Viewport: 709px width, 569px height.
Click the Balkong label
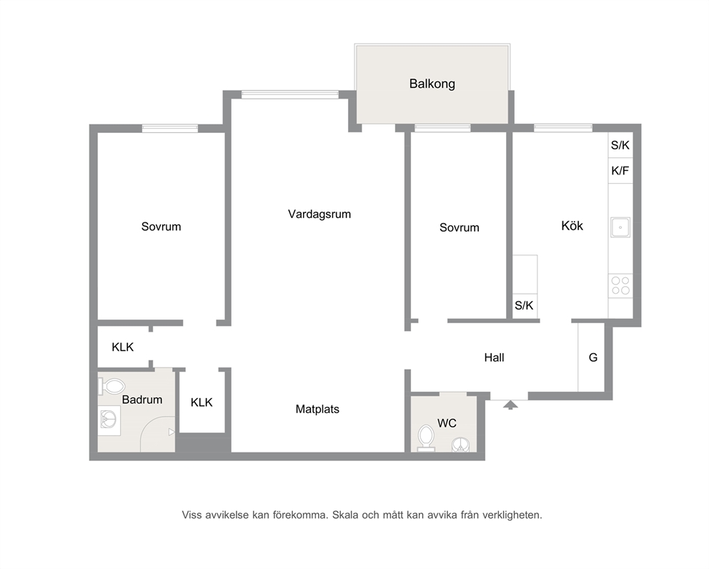click(432, 84)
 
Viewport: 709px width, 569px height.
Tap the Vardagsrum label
click(319, 214)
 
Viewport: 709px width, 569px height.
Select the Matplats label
click(317, 410)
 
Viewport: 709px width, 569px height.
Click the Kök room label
click(572, 226)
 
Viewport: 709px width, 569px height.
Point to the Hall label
click(494, 358)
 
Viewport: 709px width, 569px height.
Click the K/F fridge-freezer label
click(620, 171)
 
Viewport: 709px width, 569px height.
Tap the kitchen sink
click(620, 227)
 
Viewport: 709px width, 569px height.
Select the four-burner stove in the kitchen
click(620, 285)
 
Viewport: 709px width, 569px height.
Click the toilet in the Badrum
click(111, 387)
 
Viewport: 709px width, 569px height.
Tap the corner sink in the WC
click(461, 445)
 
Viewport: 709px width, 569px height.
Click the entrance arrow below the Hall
click(510, 405)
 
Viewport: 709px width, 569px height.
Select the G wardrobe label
click(593, 358)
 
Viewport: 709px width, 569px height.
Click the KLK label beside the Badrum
click(202, 402)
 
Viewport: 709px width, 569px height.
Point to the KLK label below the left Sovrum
click(122, 347)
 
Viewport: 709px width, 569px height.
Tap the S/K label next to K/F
click(620, 145)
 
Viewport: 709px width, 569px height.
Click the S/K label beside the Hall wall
click(524, 306)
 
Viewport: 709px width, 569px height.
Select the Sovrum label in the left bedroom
click(161, 227)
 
